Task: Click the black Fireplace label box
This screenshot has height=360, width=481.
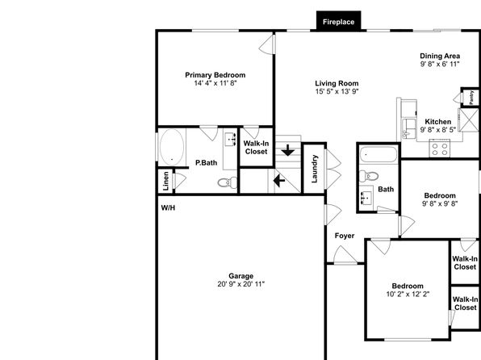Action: pyautogui.click(x=338, y=21)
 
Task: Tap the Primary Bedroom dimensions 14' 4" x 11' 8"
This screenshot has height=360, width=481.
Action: pyautogui.click(x=215, y=83)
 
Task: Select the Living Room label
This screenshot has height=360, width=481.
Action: pyautogui.click(x=337, y=83)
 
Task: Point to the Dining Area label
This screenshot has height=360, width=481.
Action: pyautogui.click(x=440, y=56)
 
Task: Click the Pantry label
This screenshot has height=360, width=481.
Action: pyautogui.click(x=471, y=97)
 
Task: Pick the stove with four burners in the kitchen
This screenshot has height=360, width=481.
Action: pyautogui.click(x=440, y=149)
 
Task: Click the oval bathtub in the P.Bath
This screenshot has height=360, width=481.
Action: pyautogui.click(x=172, y=147)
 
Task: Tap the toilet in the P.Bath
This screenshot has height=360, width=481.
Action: pyautogui.click(x=228, y=182)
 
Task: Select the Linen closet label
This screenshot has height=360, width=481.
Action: pyautogui.click(x=165, y=181)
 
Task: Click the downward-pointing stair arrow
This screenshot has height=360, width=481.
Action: pyautogui.click(x=288, y=150)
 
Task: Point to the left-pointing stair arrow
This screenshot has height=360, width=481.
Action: pyautogui.click(x=279, y=181)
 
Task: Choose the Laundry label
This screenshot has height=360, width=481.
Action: pyautogui.click(x=315, y=169)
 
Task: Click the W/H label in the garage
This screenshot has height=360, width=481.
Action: pyautogui.click(x=168, y=208)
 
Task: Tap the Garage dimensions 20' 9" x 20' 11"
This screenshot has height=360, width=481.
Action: pyautogui.click(x=240, y=284)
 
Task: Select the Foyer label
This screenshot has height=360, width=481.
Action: pyautogui.click(x=345, y=236)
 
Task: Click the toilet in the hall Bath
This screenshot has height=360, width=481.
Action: pyautogui.click(x=369, y=176)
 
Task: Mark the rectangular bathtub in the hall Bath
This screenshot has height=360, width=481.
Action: pyautogui.click(x=379, y=154)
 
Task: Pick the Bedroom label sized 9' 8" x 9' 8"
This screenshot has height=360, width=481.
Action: pyautogui.click(x=440, y=195)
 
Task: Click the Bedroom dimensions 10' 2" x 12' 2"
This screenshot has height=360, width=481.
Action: pyautogui.click(x=408, y=294)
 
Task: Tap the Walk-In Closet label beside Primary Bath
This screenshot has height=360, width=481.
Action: pyautogui.click(x=256, y=148)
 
